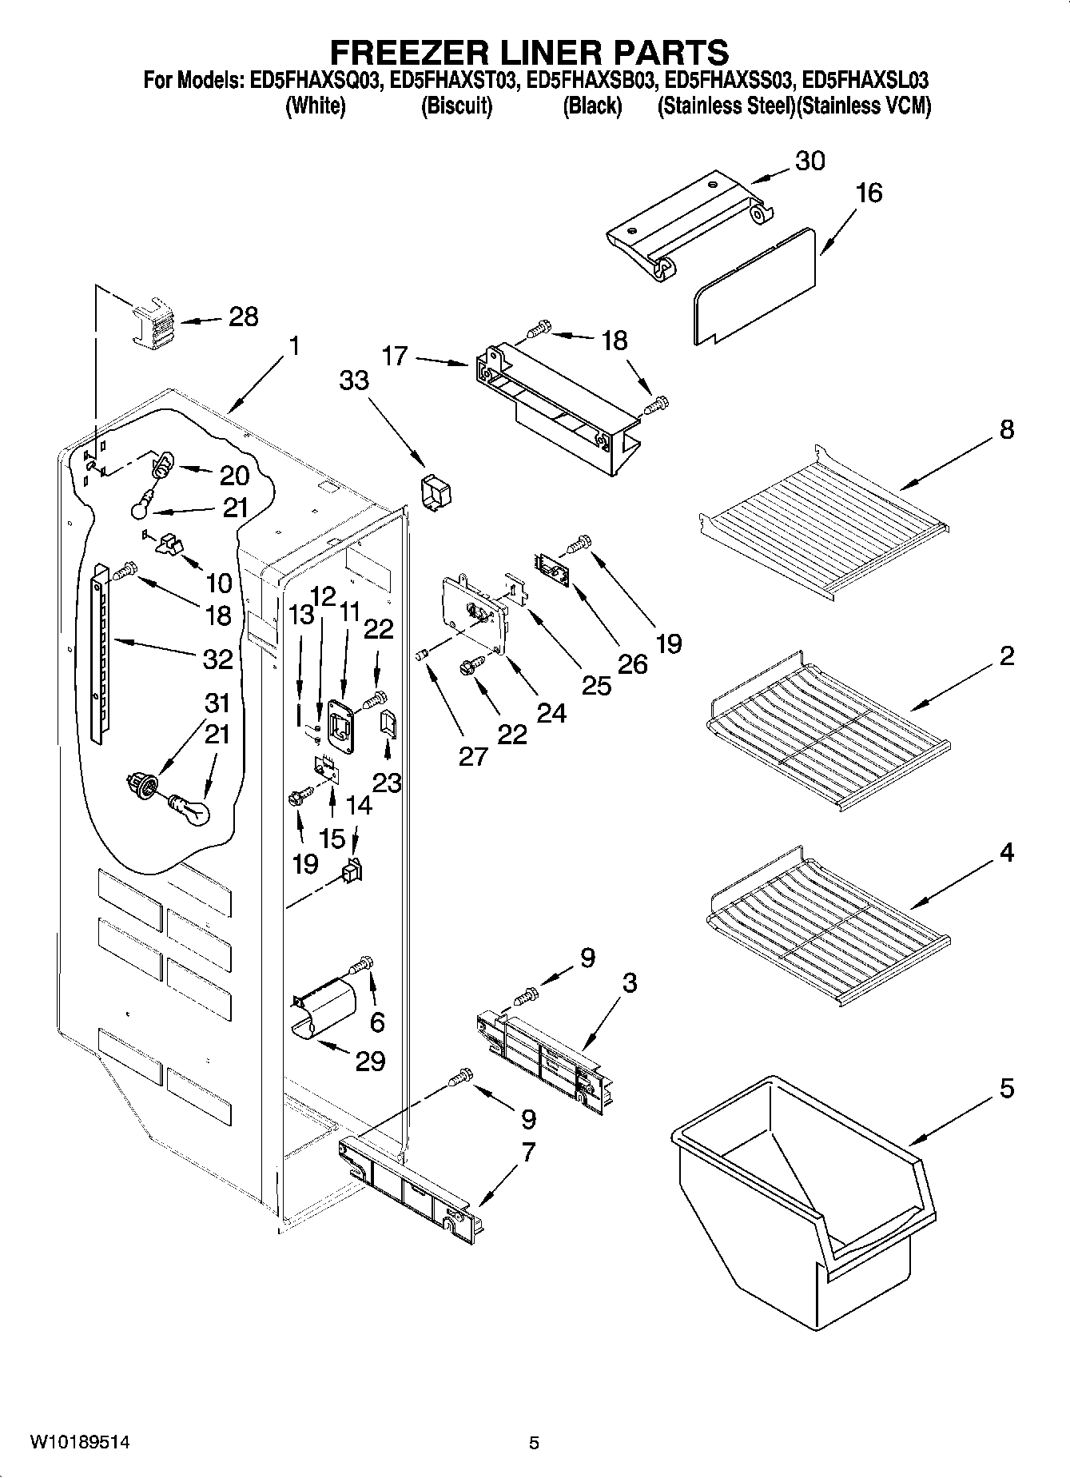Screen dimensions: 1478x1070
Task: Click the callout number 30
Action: [x=809, y=161]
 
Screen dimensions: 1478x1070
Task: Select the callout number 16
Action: [x=869, y=193]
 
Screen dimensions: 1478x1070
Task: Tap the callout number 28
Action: [x=243, y=317]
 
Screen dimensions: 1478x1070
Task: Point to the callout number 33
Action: [x=354, y=380]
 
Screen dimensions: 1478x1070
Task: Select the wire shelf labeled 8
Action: [x=823, y=520]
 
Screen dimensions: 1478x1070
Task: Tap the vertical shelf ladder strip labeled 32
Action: [x=98, y=651]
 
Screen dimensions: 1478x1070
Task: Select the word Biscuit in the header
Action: [x=456, y=107]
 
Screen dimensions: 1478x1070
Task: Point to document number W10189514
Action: [x=79, y=1443]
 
